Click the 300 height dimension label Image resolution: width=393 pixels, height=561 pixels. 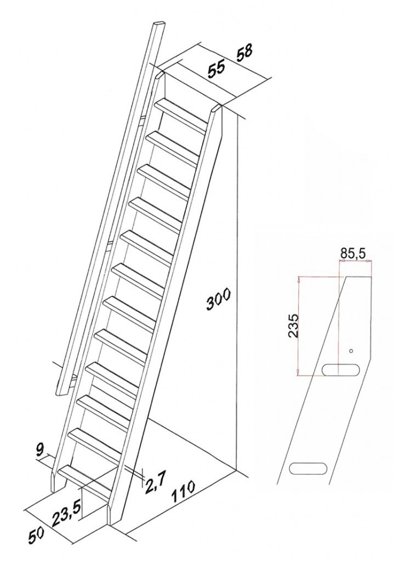[x=219, y=298]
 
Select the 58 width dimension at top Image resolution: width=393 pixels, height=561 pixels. [x=244, y=52]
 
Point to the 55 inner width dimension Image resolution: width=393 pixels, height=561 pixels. [x=217, y=69]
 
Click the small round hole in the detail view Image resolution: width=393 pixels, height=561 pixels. [x=351, y=351]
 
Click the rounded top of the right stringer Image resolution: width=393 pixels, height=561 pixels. [x=217, y=108]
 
